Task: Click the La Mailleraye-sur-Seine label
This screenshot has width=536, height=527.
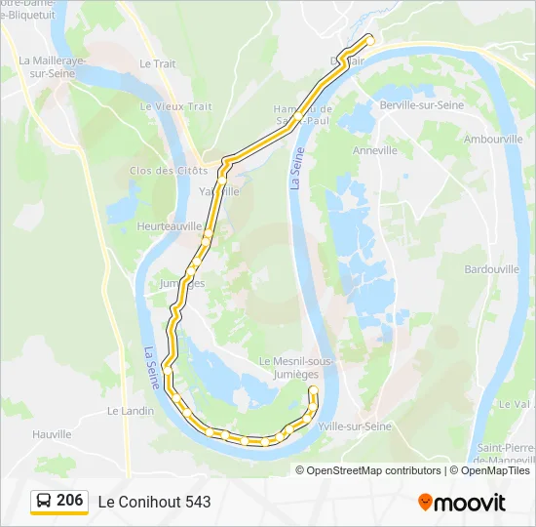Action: pyautogui.click(x=54, y=65)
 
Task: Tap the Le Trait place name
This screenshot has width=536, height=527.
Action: pyautogui.click(x=157, y=63)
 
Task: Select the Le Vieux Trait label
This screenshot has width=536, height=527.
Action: pyautogui.click(x=175, y=106)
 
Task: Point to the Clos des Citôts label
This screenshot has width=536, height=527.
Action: pyautogui.click(x=168, y=171)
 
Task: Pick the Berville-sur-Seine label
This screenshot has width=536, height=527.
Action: pyautogui.click(x=421, y=104)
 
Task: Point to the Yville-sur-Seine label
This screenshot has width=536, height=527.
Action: pyautogui.click(x=355, y=426)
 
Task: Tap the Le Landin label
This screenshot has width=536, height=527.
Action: pyautogui.click(x=131, y=411)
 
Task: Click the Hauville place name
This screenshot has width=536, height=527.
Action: pyautogui.click(x=52, y=434)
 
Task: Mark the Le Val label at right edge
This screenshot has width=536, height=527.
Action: pyautogui.click(x=514, y=403)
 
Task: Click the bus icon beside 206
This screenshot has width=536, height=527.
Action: pyautogui.click(x=45, y=502)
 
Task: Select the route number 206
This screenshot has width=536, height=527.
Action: pyautogui.click(x=69, y=501)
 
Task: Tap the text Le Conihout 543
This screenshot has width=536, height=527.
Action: pyautogui.click(x=154, y=502)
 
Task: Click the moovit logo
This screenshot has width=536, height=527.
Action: pyautogui.click(x=462, y=503)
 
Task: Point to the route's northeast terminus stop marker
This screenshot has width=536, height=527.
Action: pyautogui.click(x=369, y=40)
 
